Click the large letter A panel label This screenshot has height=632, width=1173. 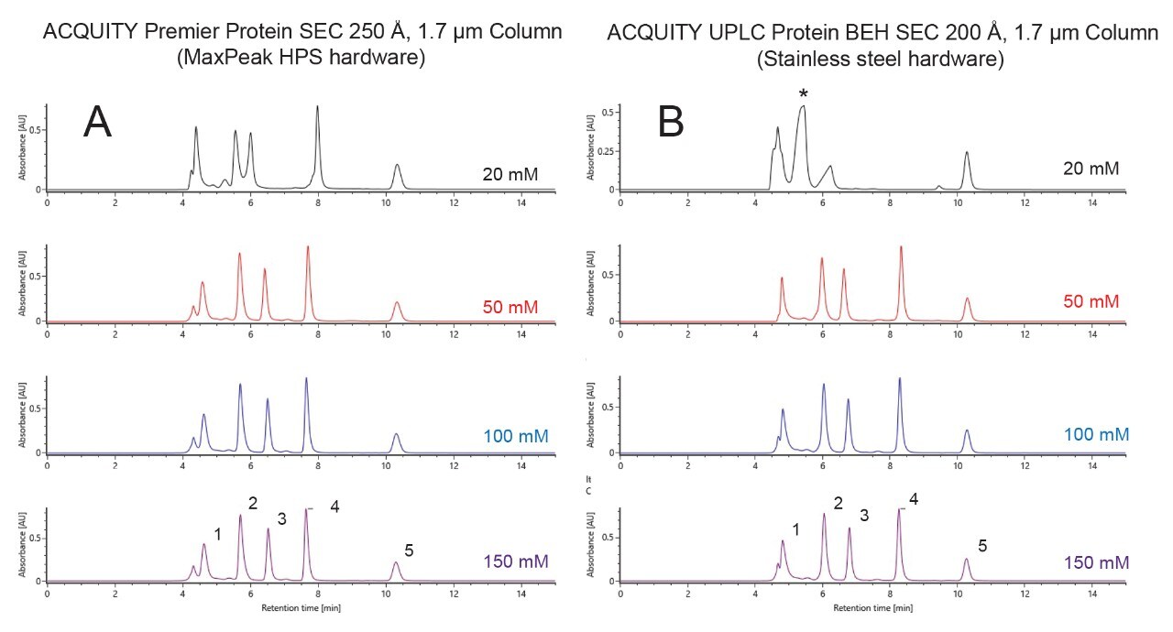98,122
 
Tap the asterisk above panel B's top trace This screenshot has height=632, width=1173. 804,93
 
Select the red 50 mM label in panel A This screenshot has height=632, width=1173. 510,303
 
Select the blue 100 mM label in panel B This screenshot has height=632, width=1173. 1090,434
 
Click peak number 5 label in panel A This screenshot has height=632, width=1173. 409,550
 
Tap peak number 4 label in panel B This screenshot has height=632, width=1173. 913,500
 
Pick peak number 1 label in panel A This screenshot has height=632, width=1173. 217,534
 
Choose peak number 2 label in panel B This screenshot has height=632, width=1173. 837,503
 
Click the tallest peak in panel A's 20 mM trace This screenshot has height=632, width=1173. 318,108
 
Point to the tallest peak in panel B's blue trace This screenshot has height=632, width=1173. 900,379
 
